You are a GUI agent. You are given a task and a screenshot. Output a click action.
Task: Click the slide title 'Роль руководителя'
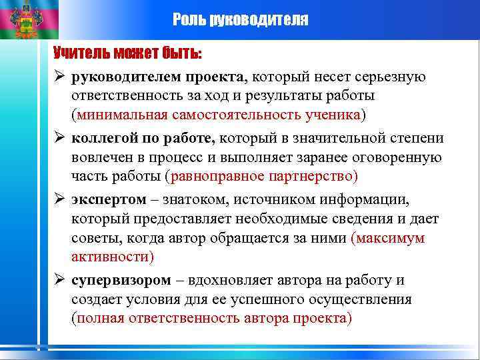[x=240, y=19]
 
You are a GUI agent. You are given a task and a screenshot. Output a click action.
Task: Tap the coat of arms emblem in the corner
[x=29, y=19]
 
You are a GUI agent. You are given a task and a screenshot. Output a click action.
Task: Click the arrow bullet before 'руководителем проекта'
[x=59, y=77]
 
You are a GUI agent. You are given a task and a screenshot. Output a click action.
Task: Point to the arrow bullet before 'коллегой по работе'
[x=59, y=138]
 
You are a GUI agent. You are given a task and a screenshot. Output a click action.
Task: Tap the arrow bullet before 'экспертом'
[x=59, y=199]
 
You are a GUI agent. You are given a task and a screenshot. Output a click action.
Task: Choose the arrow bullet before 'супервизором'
[x=59, y=280]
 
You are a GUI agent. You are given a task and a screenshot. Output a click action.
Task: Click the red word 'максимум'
[x=390, y=238]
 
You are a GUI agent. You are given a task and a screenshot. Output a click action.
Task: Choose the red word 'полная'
[x=101, y=318]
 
